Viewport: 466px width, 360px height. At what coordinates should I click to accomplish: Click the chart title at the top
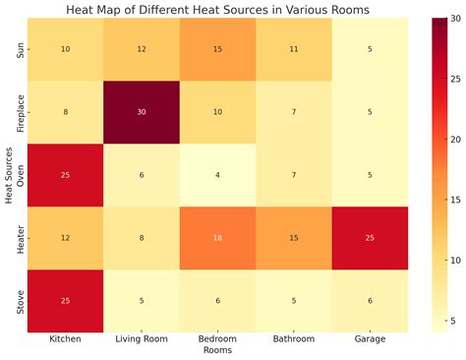[x=218, y=10]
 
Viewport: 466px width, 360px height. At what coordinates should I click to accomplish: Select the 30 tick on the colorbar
[x=452, y=20]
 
